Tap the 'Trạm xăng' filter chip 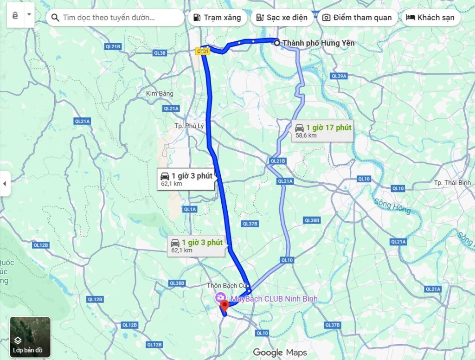pyautogui.click(x=217, y=18)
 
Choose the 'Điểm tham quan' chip pyautogui.click(x=357, y=18)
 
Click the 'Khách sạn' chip pyautogui.click(x=431, y=18)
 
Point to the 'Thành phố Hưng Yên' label pyautogui.click(x=318, y=43)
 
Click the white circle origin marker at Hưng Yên pyautogui.click(x=277, y=43)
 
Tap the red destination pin pyautogui.click(x=225, y=305)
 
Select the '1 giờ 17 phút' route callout pyautogui.click(x=323, y=130)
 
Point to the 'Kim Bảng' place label pyautogui.click(x=160, y=93)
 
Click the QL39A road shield pyautogui.click(x=339, y=76)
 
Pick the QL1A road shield pyautogui.click(x=190, y=209)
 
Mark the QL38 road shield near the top pyautogui.click(x=159, y=53)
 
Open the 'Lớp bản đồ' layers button pyautogui.click(x=30, y=337)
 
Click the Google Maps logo pyautogui.click(x=280, y=353)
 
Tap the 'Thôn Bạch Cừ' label pyautogui.click(x=228, y=285)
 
